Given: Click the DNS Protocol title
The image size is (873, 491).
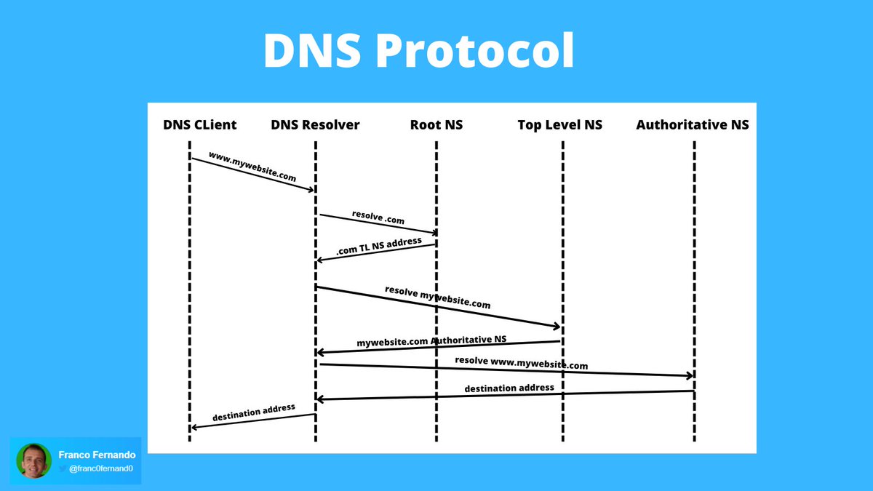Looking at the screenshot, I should click(x=418, y=50).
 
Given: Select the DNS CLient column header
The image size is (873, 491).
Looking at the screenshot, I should click(x=200, y=125).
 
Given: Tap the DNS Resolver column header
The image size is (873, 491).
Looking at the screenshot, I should click(x=315, y=125).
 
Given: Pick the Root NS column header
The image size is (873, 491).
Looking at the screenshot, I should click(x=436, y=125).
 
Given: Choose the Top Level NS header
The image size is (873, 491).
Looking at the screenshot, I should click(x=560, y=125).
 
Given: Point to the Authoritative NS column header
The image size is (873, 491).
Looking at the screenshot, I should click(x=693, y=125).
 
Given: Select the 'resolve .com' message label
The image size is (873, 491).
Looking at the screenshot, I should click(x=378, y=217).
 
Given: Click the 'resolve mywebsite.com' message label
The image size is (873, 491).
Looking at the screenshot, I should click(x=438, y=298).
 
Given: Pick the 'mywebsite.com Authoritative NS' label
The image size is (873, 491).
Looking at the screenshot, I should click(x=431, y=341).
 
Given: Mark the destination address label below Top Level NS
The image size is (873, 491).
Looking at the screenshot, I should click(x=509, y=388).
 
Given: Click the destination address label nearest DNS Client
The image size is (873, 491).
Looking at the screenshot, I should click(x=254, y=412).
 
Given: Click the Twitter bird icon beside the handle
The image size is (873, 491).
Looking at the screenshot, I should click(x=63, y=468).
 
